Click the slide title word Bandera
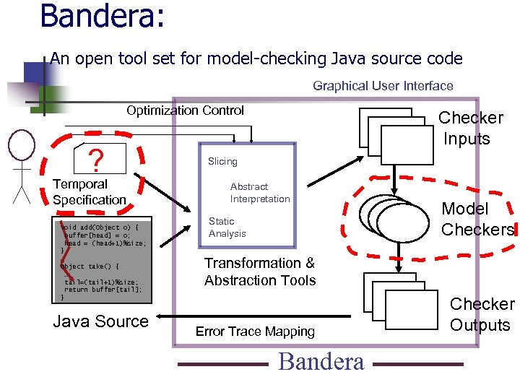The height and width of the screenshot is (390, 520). pos(102,17)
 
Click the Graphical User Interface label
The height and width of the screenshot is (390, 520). pos(383,86)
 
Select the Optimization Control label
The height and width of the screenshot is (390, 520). pos(186,110)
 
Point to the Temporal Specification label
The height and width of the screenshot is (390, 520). pos(89,192)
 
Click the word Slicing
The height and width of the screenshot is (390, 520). pos(222,161)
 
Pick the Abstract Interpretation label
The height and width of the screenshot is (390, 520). pos(260,193)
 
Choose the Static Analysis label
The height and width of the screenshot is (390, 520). pos(227,227)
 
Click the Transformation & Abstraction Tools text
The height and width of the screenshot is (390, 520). pos(260,272)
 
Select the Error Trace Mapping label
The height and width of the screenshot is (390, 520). pos(256,331)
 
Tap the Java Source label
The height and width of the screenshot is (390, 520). pos(100,321)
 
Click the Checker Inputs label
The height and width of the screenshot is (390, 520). pos(470,128)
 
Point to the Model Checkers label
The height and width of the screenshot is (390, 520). pos(477,220)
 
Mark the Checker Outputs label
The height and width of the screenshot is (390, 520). pos(482,314)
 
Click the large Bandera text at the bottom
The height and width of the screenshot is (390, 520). pos(321,361)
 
